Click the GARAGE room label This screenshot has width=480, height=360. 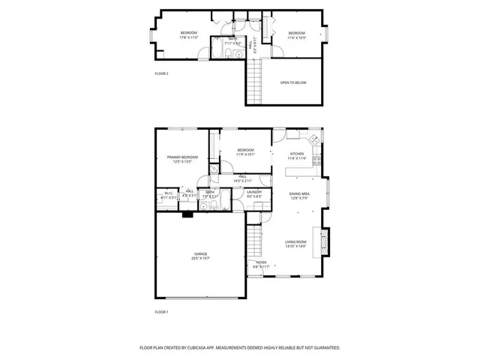(201, 253)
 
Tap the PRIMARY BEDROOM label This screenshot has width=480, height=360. (182, 157)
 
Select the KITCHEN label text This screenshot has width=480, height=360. (298, 154)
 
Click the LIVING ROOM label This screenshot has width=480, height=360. (295, 241)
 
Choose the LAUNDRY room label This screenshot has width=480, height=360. (253, 193)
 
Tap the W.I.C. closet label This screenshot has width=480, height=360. (169, 193)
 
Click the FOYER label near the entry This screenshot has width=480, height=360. (260, 262)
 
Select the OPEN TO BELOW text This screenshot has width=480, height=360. (293, 82)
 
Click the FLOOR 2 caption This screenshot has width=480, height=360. (162, 73)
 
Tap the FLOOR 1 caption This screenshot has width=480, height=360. (162, 311)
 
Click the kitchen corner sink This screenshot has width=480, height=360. (313, 139)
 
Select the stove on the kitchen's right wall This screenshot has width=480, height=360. (317, 159)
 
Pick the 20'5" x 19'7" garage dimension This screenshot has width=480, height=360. (201, 258)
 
